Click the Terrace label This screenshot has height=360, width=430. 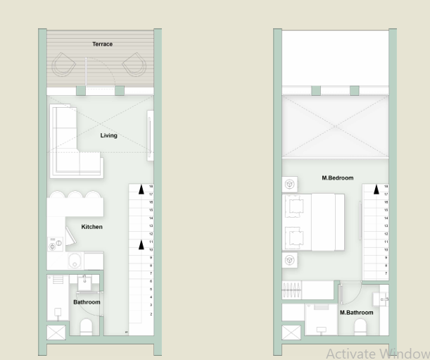click(x=102, y=44)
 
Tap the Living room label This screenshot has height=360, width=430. click(x=108, y=135)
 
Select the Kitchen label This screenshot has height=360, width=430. click(x=91, y=227)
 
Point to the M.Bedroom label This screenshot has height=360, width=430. click(x=337, y=178)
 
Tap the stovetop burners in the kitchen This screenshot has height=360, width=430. click(x=54, y=244)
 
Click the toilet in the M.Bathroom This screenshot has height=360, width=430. click(x=360, y=327)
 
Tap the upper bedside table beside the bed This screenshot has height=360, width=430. click(x=289, y=185)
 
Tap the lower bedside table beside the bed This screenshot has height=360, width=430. click(x=289, y=260)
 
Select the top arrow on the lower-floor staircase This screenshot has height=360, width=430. click(x=141, y=190)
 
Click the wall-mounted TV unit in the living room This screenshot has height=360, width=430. click(x=148, y=135)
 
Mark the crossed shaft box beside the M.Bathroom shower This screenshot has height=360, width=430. click(x=291, y=333)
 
